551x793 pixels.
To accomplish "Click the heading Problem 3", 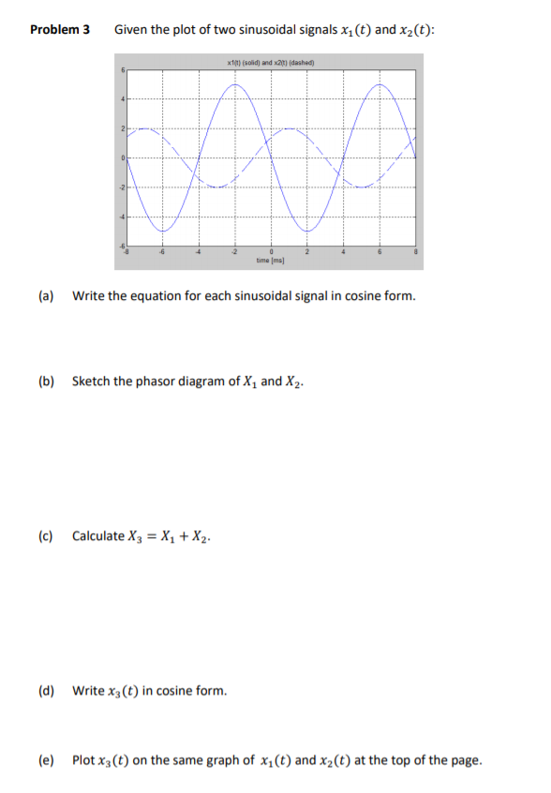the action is pos(60,29).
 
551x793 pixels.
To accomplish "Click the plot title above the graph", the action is pos(271,63).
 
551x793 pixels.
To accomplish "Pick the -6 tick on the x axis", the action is pos(163,251).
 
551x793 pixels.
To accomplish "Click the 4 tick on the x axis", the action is pos(344,251).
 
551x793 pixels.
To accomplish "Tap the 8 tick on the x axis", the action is pos(416,251).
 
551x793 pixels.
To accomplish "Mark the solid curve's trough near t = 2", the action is pos(307,231).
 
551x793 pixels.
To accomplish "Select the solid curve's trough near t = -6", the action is pos(163,231).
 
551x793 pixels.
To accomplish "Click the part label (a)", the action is pos(46,296).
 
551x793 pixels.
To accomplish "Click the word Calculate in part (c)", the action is pos(97,536).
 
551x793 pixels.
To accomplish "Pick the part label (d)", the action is pos(46,691).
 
